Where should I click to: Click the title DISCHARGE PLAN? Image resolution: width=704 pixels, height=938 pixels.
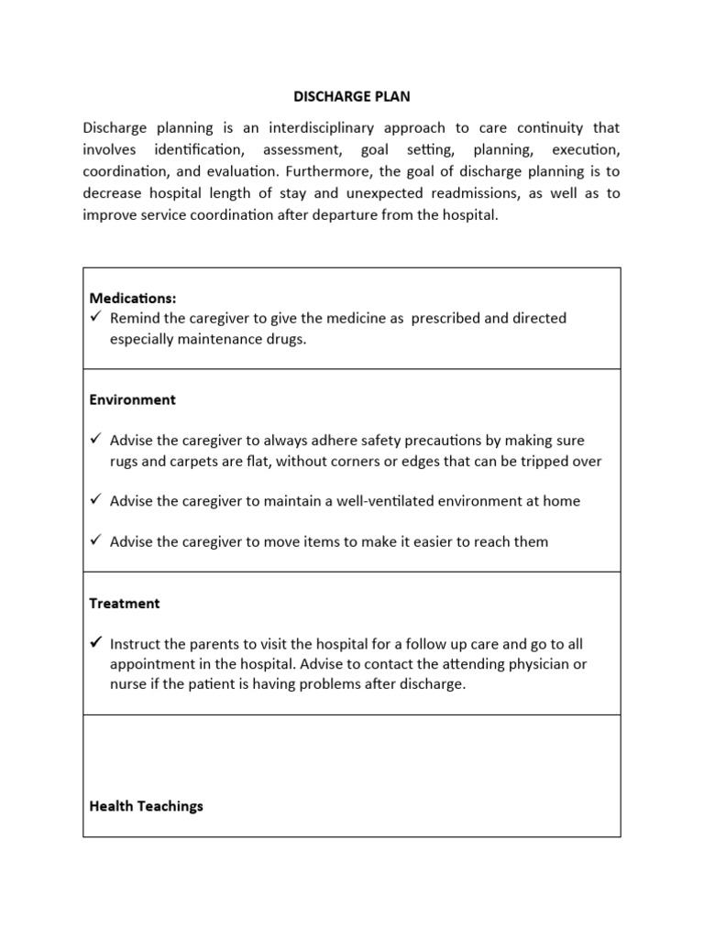click(x=351, y=96)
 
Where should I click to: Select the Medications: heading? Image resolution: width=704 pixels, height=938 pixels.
click(x=133, y=298)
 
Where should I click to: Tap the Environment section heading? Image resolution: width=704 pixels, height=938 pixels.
click(x=132, y=400)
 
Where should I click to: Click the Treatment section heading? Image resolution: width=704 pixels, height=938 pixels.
click(x=125, y=604)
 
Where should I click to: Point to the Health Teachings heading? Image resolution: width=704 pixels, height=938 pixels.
click(x=146, y=806)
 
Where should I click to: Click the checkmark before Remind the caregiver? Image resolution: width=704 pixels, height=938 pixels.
click(x=95, y=318)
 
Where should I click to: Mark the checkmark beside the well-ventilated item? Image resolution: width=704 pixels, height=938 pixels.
click(x=95, y=501)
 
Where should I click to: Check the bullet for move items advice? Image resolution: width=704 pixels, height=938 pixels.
click(x=95, y=541)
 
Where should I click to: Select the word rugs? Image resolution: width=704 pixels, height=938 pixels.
click(x=126, y=461)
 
